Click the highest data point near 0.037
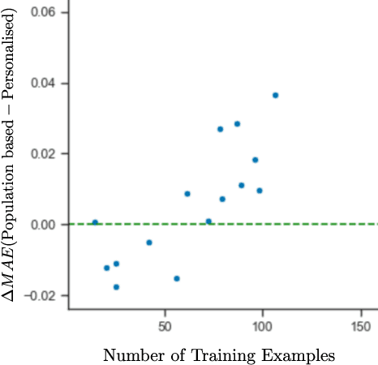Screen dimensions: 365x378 [275, 95]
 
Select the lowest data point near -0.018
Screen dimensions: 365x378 [116, 287]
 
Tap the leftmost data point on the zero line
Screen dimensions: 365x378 [95, 222]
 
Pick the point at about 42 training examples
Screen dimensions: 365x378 [148, 243]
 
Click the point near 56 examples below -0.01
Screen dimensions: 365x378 [177, 278]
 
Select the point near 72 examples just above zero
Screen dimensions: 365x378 [208, 221]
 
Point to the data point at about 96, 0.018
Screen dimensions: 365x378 [255, 160]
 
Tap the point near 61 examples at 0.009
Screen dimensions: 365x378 [187, 194]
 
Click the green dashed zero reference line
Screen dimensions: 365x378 [324, 224]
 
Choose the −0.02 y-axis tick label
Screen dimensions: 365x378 [41, 295]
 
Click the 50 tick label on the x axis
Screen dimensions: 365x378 [165, 325]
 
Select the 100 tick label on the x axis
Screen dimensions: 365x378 [262, 325]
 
